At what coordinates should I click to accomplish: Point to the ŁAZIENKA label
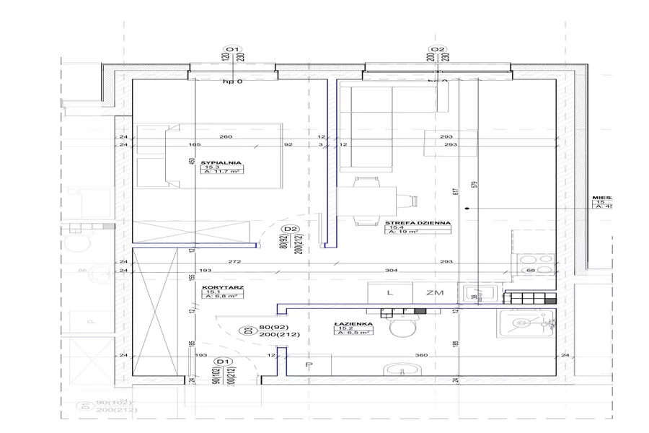coord(353,323)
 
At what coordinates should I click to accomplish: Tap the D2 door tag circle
coord(291,230)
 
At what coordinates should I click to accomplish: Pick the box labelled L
coord(389,293)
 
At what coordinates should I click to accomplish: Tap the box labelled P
coord(309,367)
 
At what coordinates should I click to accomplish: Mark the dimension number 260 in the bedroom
coord(225,137)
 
